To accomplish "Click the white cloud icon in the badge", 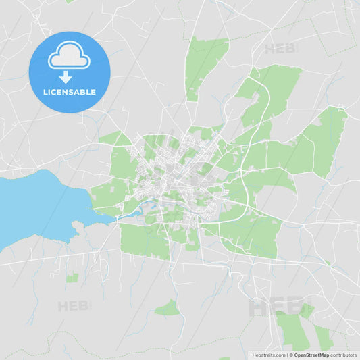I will click(68, 57).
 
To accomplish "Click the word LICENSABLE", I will click(68, 92).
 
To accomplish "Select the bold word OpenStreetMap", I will click(311, 355).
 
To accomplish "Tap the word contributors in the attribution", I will click(344, 355).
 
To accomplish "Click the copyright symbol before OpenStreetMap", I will click(290, 355).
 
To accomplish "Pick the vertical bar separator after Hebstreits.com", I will click(286, 355).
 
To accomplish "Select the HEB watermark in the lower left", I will click(73, 306).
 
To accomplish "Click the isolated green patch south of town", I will click(168, 309).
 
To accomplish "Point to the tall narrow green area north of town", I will click(203, 64).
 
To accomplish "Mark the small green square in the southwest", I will click(72, 277).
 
